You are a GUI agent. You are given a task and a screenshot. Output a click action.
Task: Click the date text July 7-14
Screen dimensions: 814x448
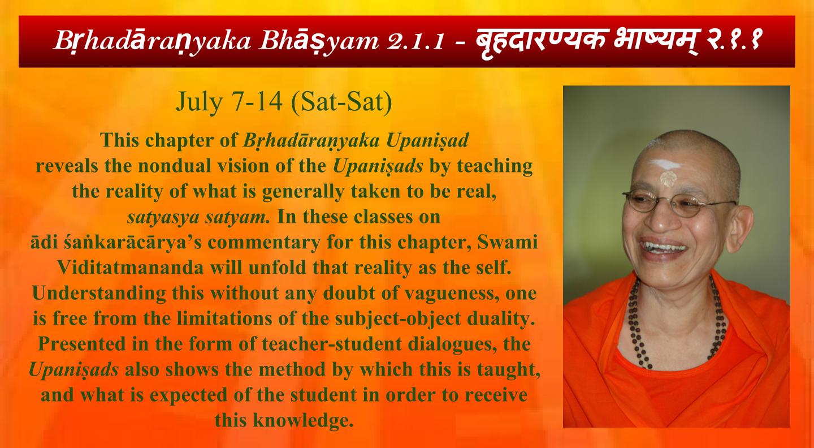tap(230, 102)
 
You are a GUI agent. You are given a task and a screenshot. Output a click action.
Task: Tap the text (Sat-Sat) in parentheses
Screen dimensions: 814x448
tap(341, 102)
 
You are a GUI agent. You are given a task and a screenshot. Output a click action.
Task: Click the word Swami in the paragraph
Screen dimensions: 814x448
tap(507, 242)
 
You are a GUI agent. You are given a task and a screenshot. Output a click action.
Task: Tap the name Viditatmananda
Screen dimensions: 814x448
tap(131, 268)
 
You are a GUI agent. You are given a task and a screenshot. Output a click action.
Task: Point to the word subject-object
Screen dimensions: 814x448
tap(397, 319)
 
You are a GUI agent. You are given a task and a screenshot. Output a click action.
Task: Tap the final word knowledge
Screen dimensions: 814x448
tap(304, 421)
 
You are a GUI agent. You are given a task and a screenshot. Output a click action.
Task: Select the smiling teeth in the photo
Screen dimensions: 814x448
tap(664, 247)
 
